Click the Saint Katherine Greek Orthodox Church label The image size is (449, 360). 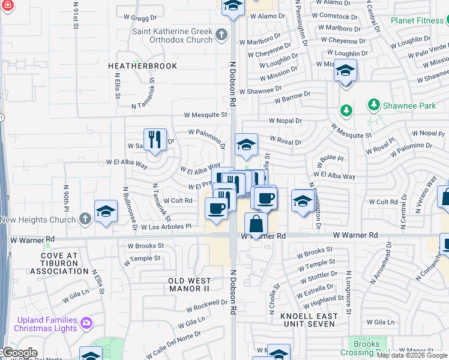[x=172, y=35]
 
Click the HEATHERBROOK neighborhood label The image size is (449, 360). [x=142, y=65]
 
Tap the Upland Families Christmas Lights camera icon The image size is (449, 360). [x=87, y=324]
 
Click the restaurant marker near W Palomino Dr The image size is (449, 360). [x=155, y=140]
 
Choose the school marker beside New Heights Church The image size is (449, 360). [x=106, y=212]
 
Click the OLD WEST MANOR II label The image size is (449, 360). [x=189, y=284]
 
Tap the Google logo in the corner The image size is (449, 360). [x=19, y=353]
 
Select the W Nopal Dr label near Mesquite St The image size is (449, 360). [x=285, y=121]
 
